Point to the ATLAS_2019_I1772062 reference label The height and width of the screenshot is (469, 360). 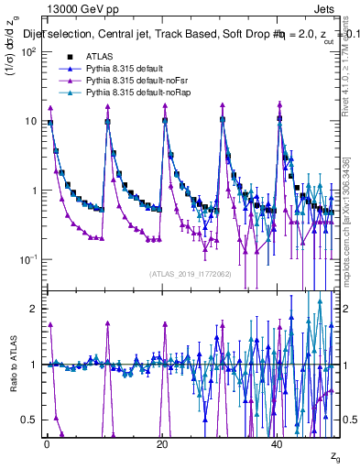190,274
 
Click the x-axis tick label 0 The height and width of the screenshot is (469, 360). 47,442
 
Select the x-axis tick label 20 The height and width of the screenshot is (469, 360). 162,442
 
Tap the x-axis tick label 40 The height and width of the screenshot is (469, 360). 278,442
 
